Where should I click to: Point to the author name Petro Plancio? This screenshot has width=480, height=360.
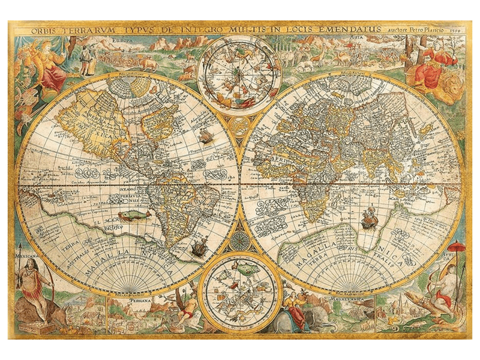pos(425,28)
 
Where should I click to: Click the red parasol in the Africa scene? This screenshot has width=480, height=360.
pos(457,247)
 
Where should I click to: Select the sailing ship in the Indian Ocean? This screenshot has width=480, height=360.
pos(369,218)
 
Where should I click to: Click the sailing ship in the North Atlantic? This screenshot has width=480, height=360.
pos(206,137)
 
